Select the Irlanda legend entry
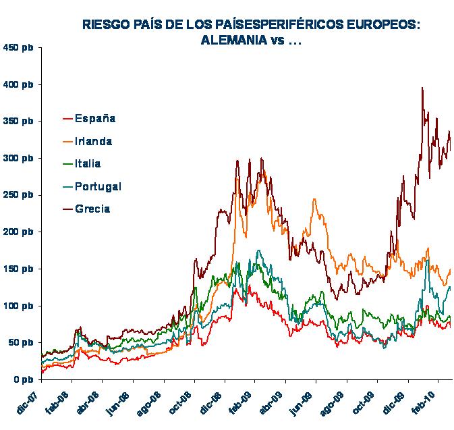(x=94, y=142)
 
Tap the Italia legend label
(x=88, y=163)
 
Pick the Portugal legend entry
(x=98, y=186)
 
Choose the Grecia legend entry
(x=92, y=209)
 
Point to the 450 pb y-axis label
(x=18, y=48)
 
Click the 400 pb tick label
(x=18, y=84)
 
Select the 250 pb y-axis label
(x=18, y=195)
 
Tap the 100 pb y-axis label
(x=18, y=306)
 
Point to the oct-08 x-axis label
(x=183, y=398)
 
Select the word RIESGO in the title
(x=105, y=25)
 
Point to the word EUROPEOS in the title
(x=385, y=25)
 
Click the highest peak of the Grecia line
(x=422, y=88)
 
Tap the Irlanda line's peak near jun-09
(x=314, y=200)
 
